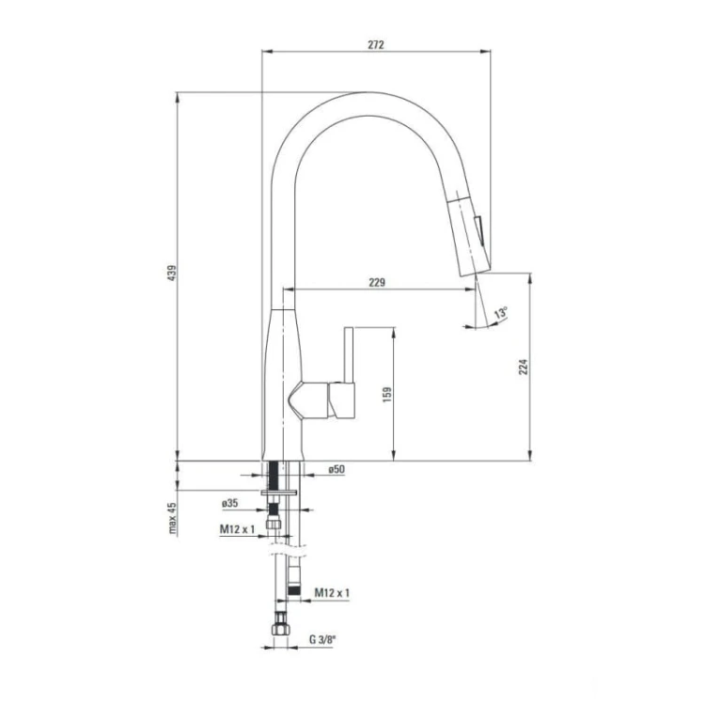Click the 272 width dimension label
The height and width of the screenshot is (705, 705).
376,44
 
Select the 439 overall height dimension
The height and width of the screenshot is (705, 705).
172,273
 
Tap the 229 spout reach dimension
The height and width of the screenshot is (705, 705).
377,282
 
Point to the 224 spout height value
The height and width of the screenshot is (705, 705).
524,367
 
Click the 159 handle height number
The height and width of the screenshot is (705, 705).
387,394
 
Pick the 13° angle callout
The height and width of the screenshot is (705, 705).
501,312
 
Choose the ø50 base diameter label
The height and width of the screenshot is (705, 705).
337,469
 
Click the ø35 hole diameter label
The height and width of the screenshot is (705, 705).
229,503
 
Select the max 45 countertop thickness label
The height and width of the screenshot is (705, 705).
172,518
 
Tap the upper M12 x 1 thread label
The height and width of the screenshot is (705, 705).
237,529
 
